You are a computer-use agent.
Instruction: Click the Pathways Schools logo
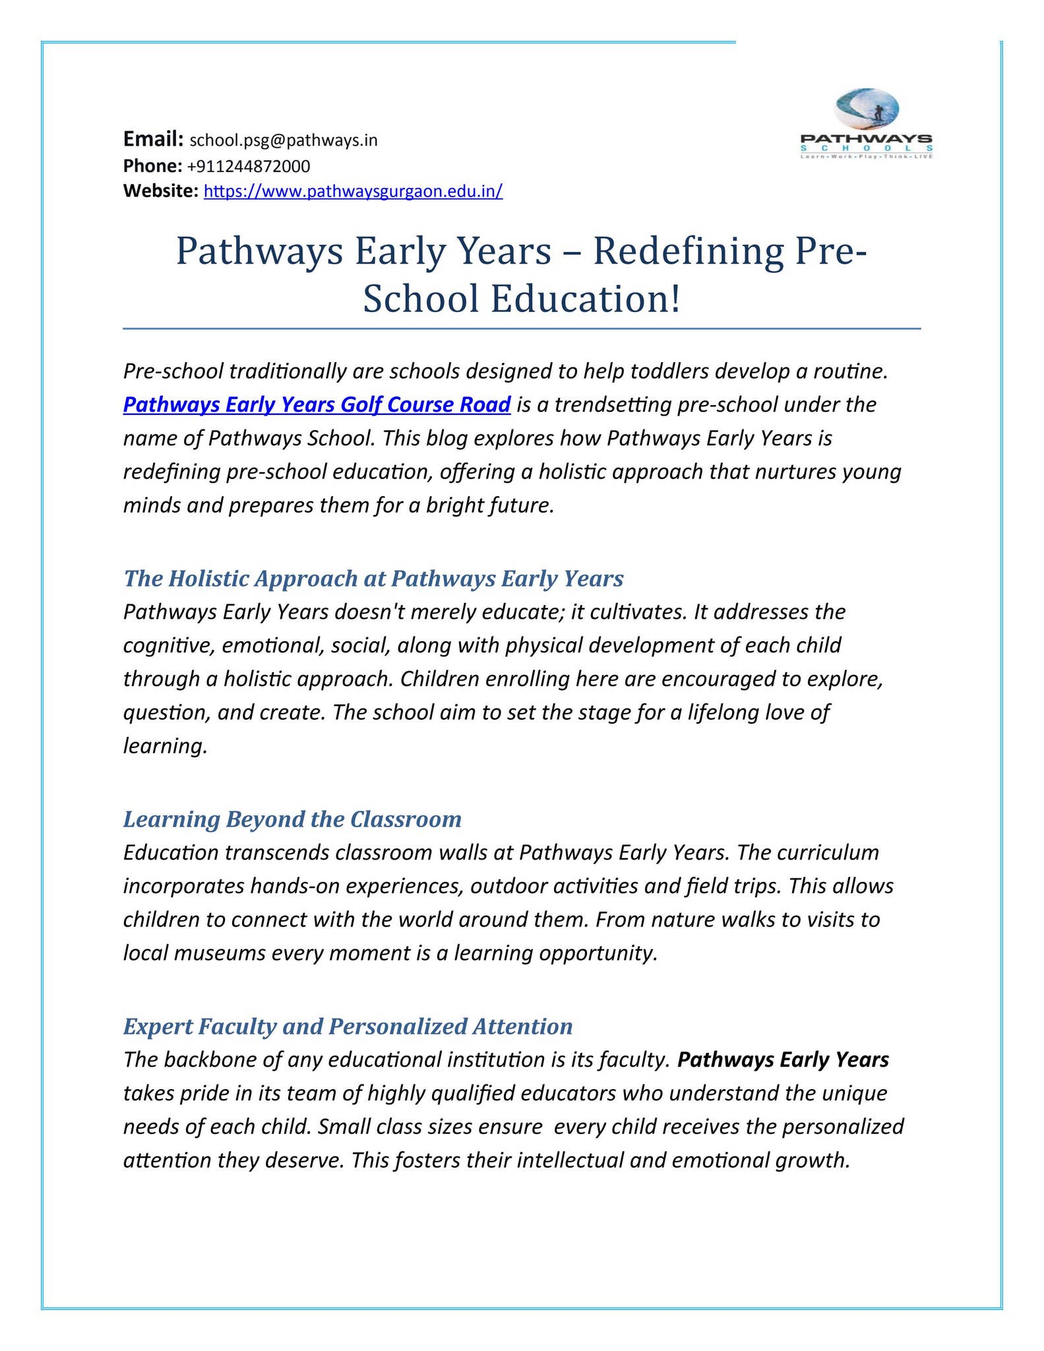(x=866, y=125)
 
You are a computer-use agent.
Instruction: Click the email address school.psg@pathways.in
(x=284, y=141)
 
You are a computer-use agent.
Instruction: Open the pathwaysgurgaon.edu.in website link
(x=353, y=192)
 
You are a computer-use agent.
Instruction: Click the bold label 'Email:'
(x=153, y=139)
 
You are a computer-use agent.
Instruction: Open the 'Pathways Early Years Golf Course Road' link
(x=317, y=404)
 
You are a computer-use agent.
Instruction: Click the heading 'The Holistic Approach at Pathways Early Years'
(x=373, y=579)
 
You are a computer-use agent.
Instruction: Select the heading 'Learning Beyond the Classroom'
(x=292, y=819)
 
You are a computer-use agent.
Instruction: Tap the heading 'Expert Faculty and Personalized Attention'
(x=348, y=1026)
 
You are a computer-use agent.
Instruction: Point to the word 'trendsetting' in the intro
(x=613, y=404)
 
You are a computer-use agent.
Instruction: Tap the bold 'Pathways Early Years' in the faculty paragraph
(x=783, y=1060)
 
